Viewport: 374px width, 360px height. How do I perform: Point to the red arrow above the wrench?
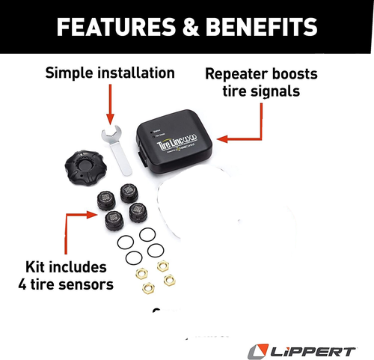111,105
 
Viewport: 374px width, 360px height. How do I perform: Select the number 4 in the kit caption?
23,284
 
